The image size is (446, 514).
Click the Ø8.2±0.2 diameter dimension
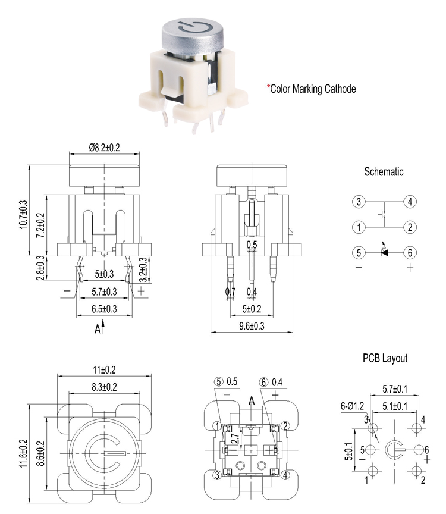point(104,148)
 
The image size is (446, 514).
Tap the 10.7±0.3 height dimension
point(23,214)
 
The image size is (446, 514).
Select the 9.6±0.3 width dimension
point(252,326)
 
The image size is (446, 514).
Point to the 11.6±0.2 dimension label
point(23,453)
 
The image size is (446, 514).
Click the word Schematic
point(384,171)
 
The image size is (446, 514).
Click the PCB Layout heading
point(385,358)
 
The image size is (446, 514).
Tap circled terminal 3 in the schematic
point(359,202)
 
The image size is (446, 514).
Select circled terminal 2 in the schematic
point(410,227)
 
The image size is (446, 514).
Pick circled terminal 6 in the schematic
point(410,253)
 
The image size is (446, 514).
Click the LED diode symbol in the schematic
point(384,252)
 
